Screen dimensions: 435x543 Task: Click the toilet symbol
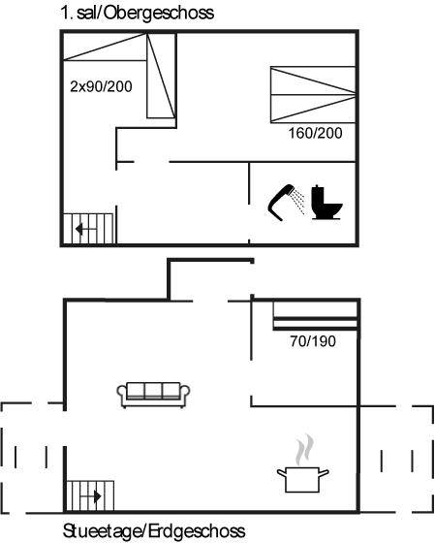[326, 203]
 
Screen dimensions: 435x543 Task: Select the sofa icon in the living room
[153, 396]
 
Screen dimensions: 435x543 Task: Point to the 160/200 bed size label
[315, 134]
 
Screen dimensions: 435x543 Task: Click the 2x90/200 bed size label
[101, 86]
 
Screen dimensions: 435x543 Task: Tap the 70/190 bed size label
[313, 341]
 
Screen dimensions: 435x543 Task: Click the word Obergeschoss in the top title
[159, 14]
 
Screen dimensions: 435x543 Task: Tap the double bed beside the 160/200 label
[313, 95]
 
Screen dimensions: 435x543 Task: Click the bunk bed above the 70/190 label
[315, 316]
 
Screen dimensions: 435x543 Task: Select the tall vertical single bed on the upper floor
[161, 76]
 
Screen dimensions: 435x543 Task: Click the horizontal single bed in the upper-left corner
[106, 47]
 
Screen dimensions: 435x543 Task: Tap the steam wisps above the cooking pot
[304, 450]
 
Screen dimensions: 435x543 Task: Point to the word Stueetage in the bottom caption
[101, 531]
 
